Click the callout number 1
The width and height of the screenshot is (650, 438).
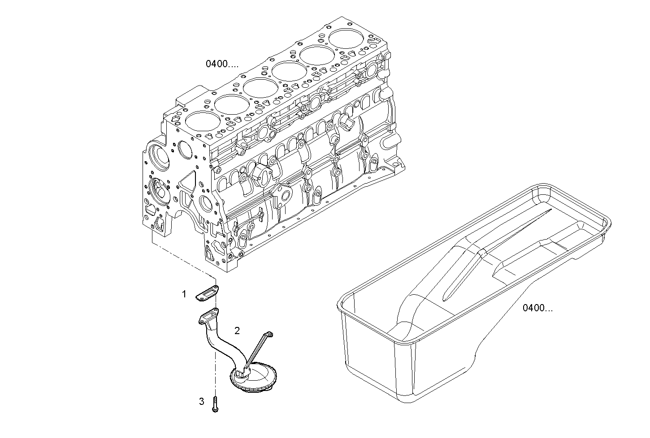click(184, 294)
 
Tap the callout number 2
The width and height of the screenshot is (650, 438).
click(237, 331)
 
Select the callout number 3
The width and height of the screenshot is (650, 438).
click(202, 401)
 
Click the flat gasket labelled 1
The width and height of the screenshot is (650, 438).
click(207, 293)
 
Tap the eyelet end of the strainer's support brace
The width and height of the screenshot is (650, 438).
click(269, 334)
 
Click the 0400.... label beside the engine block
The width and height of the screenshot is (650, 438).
click(222, 64)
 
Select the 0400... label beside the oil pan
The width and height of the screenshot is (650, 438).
click(537, 308)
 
